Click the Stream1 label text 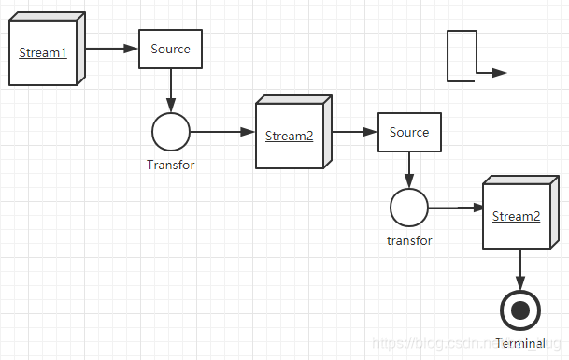(x=43, y=52)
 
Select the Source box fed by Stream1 (x=171, y=49)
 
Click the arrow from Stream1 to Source (x=112, y=49)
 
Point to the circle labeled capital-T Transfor (x=171, y=132)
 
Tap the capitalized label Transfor (x=171, y=165)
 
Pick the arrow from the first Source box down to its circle (x=171, y=91)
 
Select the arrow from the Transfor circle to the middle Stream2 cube (x=222, y=132)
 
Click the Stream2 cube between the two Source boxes (x=293, y=132)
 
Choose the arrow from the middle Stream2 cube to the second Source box (x=355, y=132)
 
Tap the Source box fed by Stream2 (x=409, y=132)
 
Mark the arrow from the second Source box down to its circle (x=409, y=170)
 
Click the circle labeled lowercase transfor (x=409, y=208)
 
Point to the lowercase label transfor (x=409, y=241)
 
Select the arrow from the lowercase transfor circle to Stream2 (x=457, y=208)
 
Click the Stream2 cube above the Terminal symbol (x=520, y=212)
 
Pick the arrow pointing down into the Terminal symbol (x=520, y=270)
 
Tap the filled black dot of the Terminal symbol (x=520, y=310)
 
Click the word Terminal (x=520, y=343)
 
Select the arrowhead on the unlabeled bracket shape (x=500, y=73)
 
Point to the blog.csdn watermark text (x=467, y=343)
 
